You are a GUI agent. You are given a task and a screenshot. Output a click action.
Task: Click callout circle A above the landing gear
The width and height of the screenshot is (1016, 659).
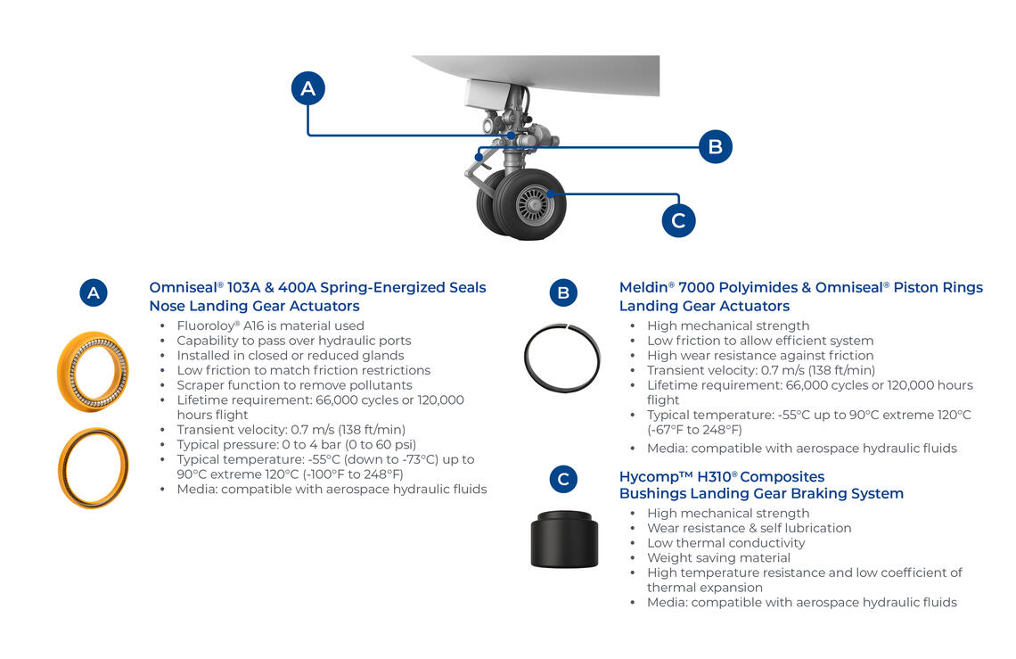point(308,88)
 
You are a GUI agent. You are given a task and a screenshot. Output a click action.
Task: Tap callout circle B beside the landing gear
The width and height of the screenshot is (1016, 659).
point(715,146)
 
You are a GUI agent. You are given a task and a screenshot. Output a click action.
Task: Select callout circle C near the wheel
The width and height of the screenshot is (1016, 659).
point(678,220)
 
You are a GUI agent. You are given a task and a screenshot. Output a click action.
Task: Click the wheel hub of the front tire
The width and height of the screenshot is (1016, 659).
point(534,205)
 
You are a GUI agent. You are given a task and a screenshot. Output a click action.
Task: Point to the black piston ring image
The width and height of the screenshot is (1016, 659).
point(562,358)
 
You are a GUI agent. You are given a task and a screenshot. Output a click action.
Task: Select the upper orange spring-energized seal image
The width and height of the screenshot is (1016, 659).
point(93,371)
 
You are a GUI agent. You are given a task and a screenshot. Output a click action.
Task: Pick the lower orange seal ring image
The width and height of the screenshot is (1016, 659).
point(93,466)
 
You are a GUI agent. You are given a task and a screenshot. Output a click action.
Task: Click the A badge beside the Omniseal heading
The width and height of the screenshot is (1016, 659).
point(94,292)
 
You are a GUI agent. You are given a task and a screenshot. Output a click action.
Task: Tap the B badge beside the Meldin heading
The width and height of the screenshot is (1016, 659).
point(563,292)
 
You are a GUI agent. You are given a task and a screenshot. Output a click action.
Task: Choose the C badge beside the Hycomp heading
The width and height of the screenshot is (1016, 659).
point(563,480)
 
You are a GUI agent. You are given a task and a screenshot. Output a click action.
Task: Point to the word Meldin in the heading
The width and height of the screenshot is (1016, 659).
point(647,287)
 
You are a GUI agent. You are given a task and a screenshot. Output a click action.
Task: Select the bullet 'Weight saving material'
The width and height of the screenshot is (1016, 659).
point(718,557)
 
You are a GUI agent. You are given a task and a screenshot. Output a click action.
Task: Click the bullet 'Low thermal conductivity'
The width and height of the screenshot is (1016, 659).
point(725,542)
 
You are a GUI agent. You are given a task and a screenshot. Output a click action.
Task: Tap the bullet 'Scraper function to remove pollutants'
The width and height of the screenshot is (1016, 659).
point(294,385)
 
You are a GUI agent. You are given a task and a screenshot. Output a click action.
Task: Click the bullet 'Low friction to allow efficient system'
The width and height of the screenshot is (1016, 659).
point(760,341)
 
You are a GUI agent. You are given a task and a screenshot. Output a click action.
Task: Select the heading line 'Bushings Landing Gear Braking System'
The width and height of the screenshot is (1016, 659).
point(761,493)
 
